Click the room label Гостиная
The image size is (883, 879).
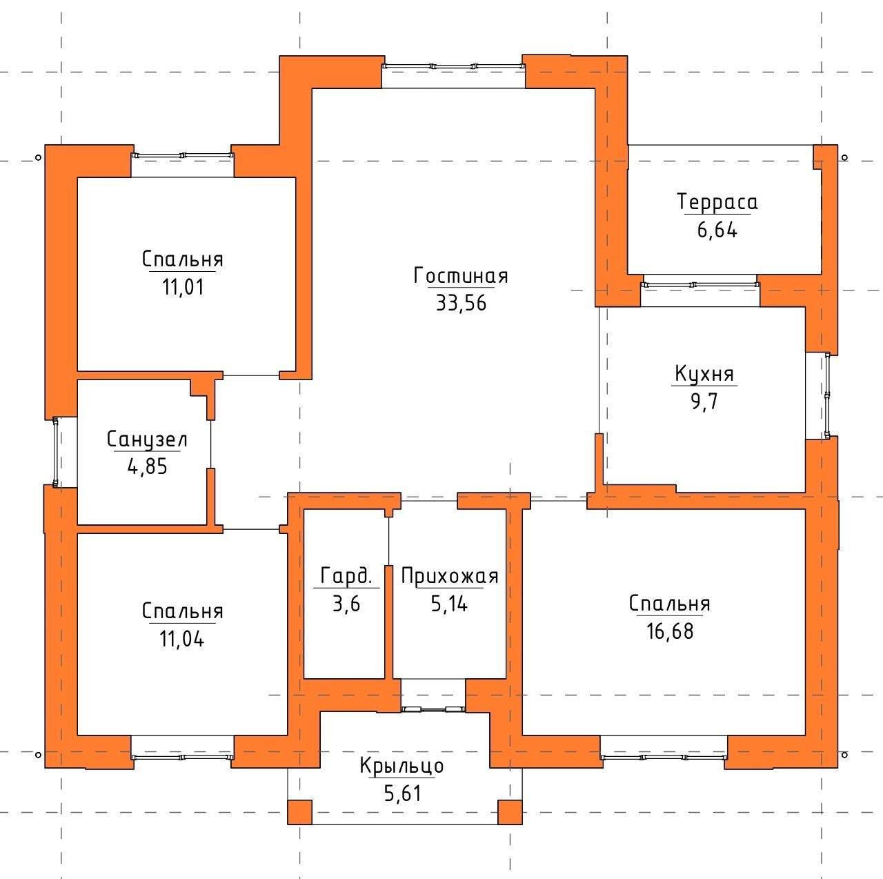(461, 276)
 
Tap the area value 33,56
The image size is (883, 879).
(461, 303)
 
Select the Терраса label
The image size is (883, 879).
(717, 203)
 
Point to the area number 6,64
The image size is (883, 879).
(717, 230)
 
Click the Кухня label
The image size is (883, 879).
(704, 374)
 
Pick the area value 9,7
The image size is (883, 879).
(704, 402)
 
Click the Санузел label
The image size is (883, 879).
(147, 439)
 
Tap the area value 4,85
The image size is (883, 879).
(147, 466)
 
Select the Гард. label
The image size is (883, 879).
(346, 576)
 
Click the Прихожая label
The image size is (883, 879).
(450, 576)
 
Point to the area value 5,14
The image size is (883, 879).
(449, 604)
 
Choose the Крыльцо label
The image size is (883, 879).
(401, 765)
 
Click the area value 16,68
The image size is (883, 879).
(670, 631)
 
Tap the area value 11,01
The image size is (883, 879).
(182, 287)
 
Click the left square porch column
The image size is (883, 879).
(299, 812)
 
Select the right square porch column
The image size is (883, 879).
(510, 812)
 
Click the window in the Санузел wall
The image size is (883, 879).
(55, 452)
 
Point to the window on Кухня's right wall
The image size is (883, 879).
(826, 395)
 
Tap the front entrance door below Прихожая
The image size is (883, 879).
(433, 709)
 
